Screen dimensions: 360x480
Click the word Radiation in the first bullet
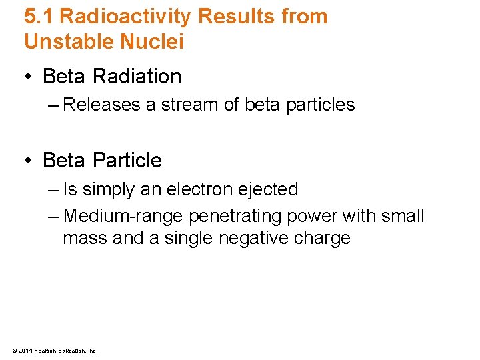137,77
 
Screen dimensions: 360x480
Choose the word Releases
101,105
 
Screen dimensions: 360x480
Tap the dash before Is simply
53,190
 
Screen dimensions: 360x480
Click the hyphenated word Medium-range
123,217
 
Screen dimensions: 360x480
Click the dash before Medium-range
53,217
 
